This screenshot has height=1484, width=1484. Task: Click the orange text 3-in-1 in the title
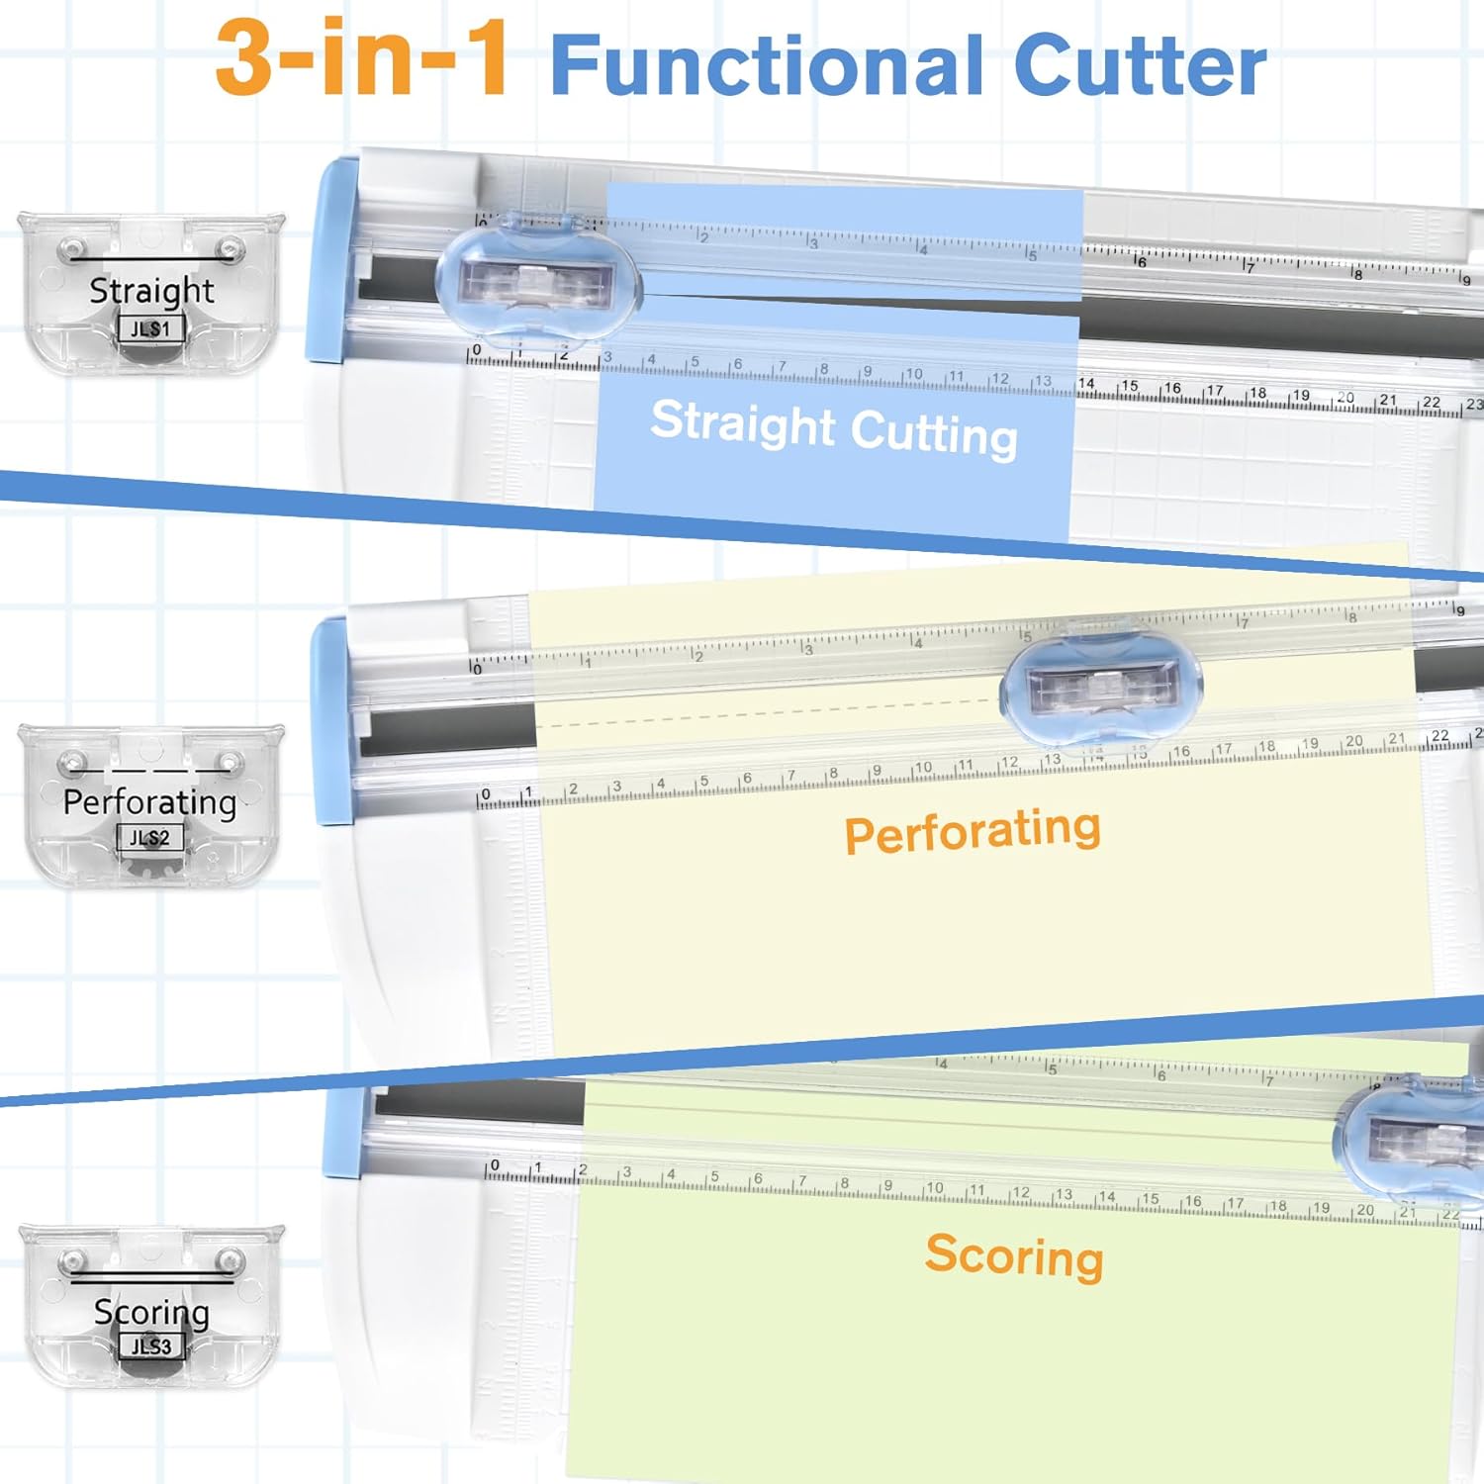coord(361,59)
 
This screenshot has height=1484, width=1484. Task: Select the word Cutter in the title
coord(1140,65)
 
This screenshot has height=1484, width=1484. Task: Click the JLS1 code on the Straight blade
coord(151,328)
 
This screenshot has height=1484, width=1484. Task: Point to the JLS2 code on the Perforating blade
coord(150,838)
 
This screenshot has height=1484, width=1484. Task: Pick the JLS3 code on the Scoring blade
coord(151,1345)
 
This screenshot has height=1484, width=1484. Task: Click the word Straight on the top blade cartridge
coord(151,290)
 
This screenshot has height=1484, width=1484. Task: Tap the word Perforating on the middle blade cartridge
coord(150,801)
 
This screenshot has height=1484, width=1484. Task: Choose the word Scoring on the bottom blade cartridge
coord(151,1312)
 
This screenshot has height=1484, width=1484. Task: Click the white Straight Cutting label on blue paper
coord(834,428)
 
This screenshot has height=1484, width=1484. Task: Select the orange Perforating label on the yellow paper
coord(972,831)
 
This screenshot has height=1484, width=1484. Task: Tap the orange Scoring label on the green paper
coord(1014,1256)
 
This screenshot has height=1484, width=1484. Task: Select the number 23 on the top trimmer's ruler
coord(1474,404)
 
